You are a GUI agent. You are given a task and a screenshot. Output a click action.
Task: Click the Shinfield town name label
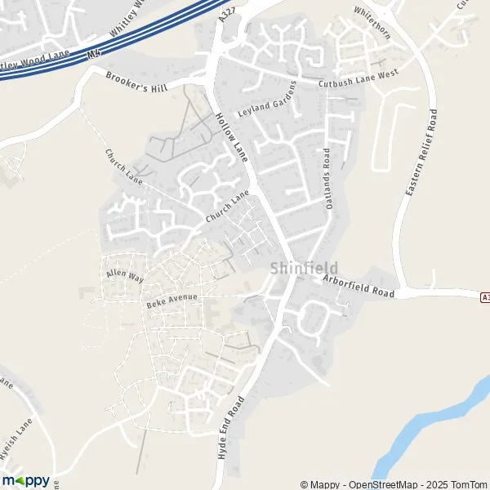[x=303, y=268]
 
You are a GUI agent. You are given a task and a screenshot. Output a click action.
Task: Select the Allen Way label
[x=124, y=275]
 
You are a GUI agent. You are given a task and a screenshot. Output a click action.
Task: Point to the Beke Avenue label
[x=172, y=301]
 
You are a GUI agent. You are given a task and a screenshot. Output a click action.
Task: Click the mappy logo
[x=26, y=480]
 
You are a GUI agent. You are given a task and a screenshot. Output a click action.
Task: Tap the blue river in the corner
[x=425, y=433]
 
